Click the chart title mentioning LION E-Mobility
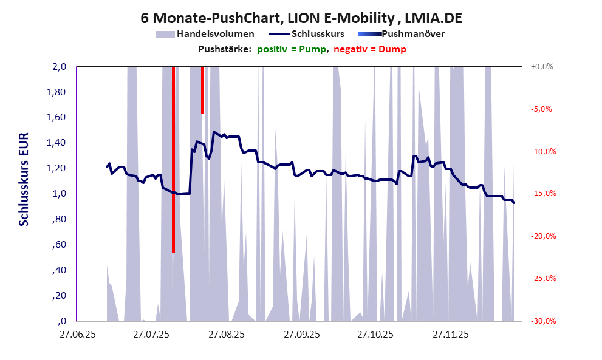(301, 18)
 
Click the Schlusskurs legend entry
(318, 34)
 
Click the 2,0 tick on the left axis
(58, 67)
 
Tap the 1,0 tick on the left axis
(58, 194)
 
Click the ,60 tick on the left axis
(59, 245)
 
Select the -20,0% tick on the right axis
(541, 236)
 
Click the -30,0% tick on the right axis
(541, 321)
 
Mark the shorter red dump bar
(202, 90)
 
